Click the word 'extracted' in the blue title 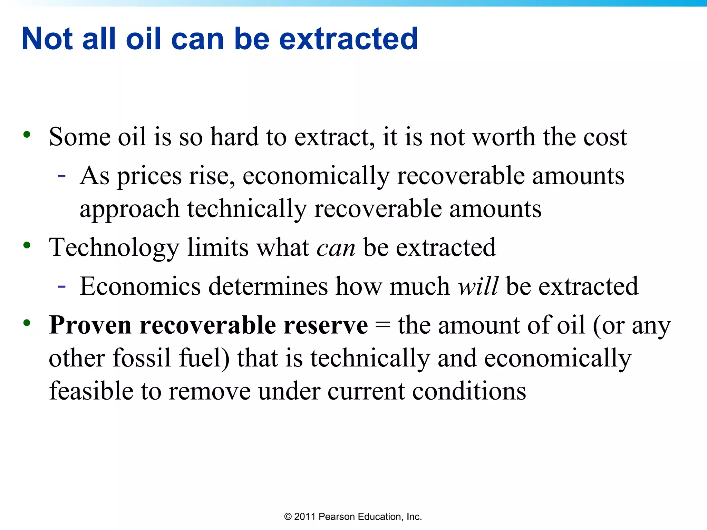coord(348,39)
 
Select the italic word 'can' coord(336,248)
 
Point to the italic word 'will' coord(478,286)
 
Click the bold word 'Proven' coord(90,325)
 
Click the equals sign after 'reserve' coord(382,326)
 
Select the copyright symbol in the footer coord(288,517)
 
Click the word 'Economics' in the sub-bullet coord(140,286)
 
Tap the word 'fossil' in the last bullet coord(142,358)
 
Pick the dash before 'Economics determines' coord(62,286)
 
